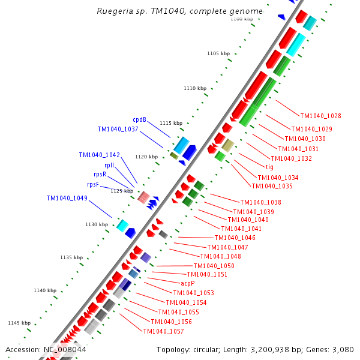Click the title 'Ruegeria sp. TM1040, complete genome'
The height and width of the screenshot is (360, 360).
tap(179, 11)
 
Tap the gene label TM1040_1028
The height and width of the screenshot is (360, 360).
tap(320, 116)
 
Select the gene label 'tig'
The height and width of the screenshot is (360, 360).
tap(269, 167)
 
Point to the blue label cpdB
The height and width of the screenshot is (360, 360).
tap(139, 119)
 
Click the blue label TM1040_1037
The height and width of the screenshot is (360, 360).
tap(118, 129)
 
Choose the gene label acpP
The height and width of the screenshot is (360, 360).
tap(187, 283)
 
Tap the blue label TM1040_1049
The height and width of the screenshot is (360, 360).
tap(67, 198)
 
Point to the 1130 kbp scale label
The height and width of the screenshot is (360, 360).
tap(96, 224)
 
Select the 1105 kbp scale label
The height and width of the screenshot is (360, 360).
tap(218, 53)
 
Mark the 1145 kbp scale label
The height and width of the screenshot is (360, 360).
tap(18, 323)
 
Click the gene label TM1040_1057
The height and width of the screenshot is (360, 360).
tap(163, 331)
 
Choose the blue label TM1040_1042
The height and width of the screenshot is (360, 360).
tap(99, 155)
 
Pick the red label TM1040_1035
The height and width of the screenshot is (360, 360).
tap(272, 186)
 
